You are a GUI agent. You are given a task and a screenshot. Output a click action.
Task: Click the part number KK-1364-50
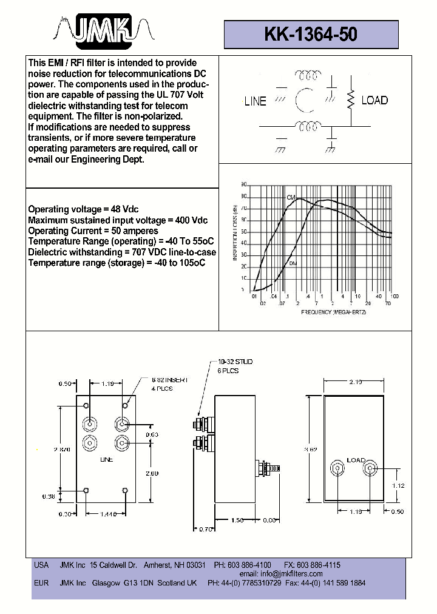(311, 35)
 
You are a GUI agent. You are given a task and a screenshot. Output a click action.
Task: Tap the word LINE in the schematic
(255, 101)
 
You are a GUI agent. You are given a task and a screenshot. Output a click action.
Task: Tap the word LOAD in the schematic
(374, 101)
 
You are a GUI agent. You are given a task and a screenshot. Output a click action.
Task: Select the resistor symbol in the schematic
(350, 101)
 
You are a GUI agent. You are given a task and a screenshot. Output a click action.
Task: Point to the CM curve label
(291, 198)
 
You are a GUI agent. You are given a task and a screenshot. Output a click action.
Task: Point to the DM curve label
(293, 263)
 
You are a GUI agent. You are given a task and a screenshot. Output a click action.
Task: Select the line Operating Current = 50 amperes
(93, 231)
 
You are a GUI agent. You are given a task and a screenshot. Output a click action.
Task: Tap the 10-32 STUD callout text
(235, 362)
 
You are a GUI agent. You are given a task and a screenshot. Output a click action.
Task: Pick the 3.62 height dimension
(312, 449)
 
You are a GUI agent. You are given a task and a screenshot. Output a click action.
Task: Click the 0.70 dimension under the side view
(207, 529)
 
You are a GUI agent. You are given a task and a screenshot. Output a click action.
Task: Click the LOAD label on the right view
(356, 460)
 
